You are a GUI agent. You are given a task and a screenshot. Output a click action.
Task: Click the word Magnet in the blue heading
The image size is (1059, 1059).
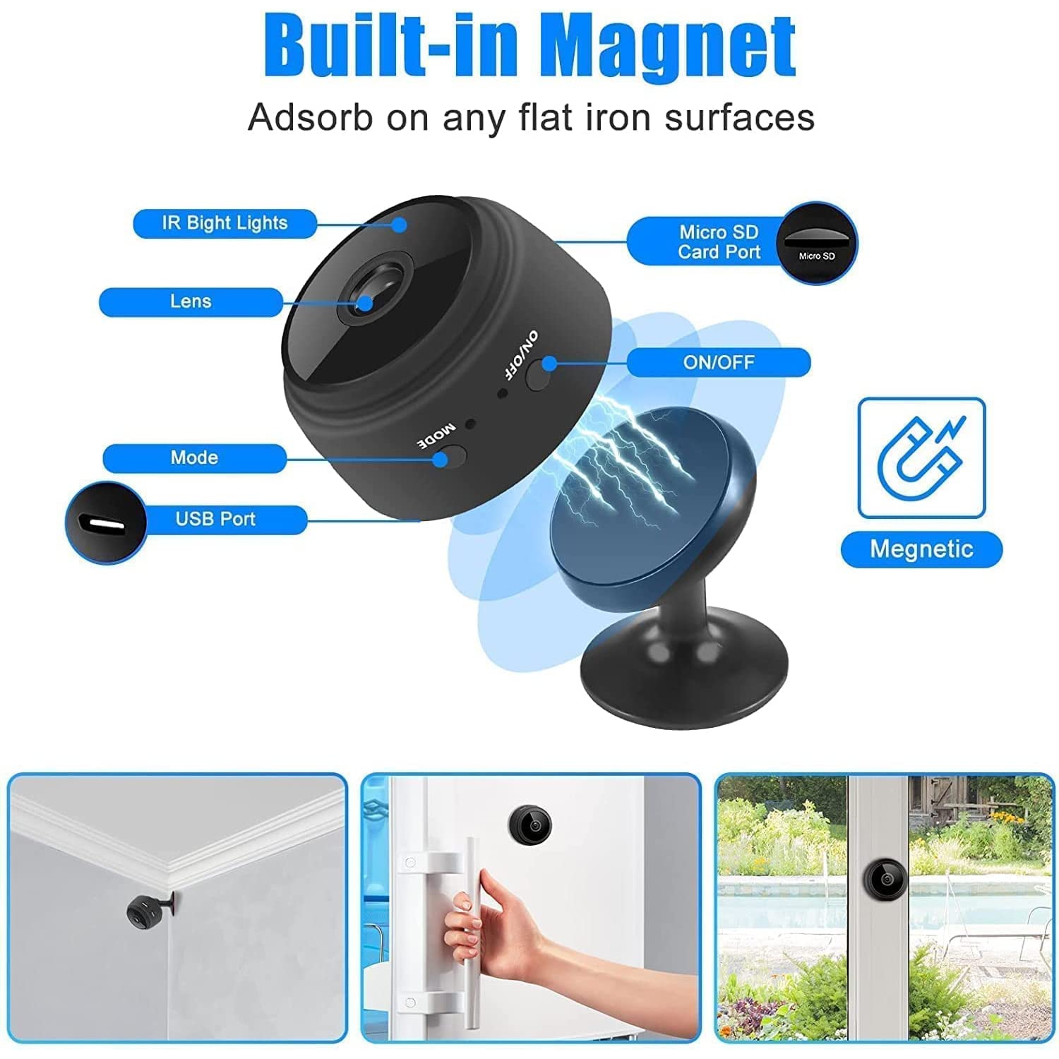671,48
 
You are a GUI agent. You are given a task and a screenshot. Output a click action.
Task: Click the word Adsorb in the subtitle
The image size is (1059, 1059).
310,117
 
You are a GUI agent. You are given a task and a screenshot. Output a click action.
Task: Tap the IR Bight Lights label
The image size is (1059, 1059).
225,223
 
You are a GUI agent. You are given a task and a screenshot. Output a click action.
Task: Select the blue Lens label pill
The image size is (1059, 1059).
191,301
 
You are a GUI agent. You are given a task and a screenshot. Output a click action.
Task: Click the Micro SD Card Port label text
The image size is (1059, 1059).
719,242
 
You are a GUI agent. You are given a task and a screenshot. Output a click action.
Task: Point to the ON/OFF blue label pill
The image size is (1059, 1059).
719,362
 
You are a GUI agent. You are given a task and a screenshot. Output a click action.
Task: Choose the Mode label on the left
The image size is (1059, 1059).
194,457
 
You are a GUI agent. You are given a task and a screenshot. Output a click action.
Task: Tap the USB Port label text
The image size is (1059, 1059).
215,519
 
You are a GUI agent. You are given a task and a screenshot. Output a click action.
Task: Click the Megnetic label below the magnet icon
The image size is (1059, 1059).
921,549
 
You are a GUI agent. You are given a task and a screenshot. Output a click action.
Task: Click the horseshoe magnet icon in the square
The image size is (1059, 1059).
921,457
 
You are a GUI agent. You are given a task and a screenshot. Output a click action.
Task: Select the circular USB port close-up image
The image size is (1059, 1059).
105,523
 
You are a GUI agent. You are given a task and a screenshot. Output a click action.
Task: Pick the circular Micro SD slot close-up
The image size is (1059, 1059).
817,243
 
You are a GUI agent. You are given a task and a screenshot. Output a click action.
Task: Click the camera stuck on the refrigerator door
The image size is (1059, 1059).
529,823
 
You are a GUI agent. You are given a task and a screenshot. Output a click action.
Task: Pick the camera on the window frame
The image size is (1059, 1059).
885,880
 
